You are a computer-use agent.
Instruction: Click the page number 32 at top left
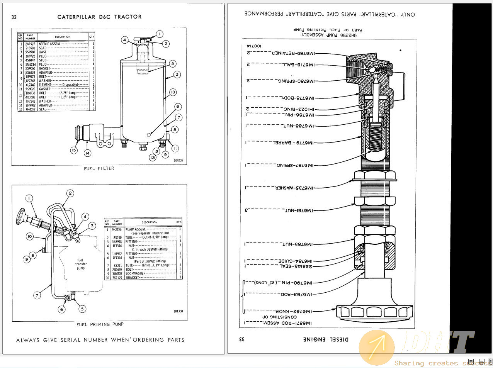click(14, 17)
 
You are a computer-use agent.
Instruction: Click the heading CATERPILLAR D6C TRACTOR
click(99, 17)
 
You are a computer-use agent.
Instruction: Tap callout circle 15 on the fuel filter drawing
click(74, 151)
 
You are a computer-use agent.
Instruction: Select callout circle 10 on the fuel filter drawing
click(173, 92)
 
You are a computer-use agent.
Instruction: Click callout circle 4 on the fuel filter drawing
click(124, 40)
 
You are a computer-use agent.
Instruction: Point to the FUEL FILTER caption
click(99, 168)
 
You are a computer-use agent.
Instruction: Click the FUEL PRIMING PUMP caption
click(100, 324)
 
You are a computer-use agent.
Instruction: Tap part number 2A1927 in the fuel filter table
click(30, 44)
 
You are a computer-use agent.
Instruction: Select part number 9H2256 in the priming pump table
click(117, 229)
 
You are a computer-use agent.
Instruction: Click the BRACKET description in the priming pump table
click(133, 278)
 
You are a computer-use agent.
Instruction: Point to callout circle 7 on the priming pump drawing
click(37, 295)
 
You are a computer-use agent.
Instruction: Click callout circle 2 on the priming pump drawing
click(70, 193)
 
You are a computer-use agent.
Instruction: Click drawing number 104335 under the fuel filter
click(178, 160)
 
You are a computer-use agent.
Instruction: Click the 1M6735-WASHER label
click(294, 188)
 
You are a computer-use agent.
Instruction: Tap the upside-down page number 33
click(242, 339)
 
